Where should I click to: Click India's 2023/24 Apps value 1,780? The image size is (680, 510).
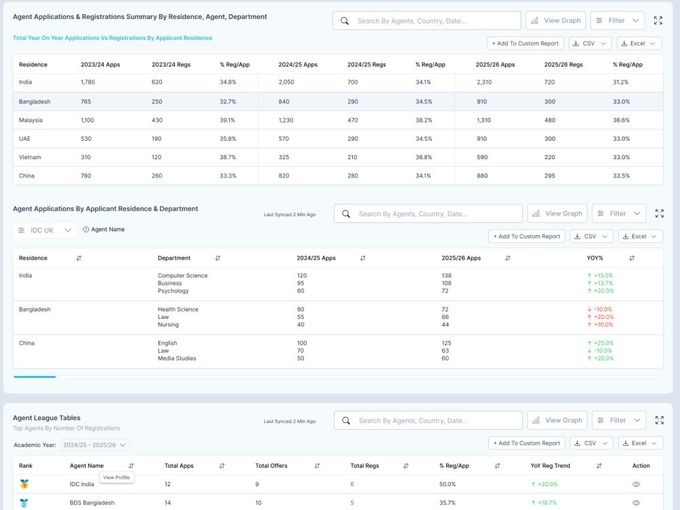point(88,82)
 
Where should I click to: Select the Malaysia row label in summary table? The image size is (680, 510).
point(31,120)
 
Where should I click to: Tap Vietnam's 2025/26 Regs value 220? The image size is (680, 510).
point(549,157)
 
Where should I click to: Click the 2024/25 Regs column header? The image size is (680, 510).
point(367,65)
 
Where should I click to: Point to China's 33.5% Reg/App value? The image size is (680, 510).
point(621,175)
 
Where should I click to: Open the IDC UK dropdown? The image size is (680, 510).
point(45,231)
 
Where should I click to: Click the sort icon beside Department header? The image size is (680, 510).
point(218,258)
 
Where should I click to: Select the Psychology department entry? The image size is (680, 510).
point(173,291)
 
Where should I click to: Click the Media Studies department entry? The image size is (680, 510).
point(177,358)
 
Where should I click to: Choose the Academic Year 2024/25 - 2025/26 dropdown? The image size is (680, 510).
point(95,445)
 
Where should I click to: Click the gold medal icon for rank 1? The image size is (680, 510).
point(24,484)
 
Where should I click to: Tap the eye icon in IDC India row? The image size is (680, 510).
point(636,484)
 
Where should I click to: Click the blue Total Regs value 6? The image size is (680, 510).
point(352,484)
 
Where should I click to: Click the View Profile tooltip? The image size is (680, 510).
point(116,477)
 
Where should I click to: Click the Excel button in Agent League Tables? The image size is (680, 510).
point(641,443)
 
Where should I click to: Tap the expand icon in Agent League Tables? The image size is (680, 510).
point(660,420)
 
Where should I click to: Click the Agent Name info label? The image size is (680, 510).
point(103,229)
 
